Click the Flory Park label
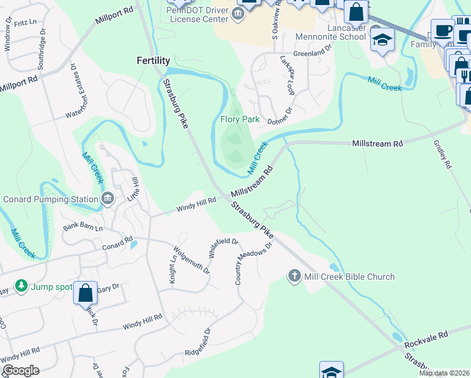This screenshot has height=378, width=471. click(240, 119)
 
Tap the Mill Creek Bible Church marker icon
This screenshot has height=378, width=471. click(293, 276)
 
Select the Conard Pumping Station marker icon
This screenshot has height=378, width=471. click(108, 199)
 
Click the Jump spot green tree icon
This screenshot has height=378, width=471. click(21, 287)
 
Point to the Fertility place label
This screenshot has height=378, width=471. click(154, 60)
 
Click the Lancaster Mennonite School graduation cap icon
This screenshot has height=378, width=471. click(382, 40)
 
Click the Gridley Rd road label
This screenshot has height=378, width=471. click(442, 154)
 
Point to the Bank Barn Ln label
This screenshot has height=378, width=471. click(82, 226)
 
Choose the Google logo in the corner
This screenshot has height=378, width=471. click(21, 370)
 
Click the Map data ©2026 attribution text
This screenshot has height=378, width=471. click(444, 373)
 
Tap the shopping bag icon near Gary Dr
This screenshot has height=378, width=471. click(85, 293)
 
